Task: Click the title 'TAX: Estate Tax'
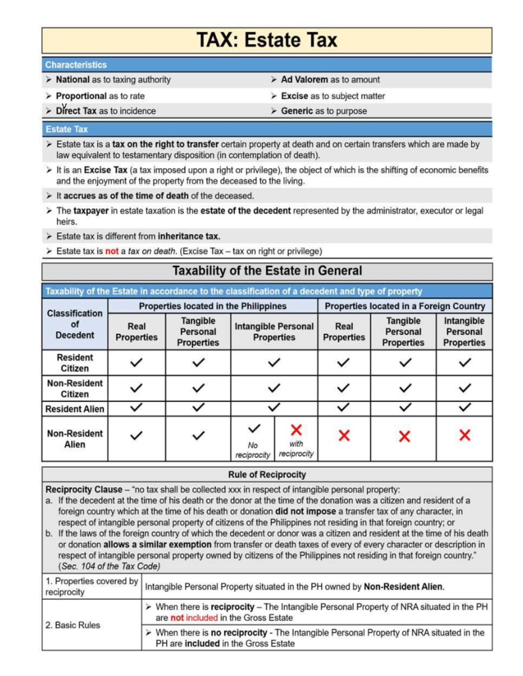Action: coord(267,40)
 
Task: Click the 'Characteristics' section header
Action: coord(76,65)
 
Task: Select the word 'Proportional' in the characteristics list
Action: coord(81,96)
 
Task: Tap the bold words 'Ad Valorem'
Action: coord(304,80)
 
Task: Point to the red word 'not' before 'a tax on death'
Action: coord(112,251)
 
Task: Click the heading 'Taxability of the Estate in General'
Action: coord(267,271)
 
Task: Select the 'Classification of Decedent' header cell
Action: coord(75,324)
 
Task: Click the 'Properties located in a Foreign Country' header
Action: coord(404,306)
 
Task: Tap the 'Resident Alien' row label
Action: coord(75,409)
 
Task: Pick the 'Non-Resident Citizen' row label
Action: coord(75,388)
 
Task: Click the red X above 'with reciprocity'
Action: coord(296,430)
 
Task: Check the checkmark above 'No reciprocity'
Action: coord(254,429)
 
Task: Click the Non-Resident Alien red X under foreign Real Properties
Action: coord(344,435)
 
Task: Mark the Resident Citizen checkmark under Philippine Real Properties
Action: coord(136,362)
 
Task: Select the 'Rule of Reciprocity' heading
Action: coord(267,474)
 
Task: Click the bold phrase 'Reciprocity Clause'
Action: coord(84,489)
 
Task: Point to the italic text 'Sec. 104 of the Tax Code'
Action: coord(109,566)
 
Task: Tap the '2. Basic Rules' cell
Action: coord(73,625)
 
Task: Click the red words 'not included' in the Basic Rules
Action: coord(194,618)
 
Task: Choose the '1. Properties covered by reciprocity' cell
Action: coord(91,586)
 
